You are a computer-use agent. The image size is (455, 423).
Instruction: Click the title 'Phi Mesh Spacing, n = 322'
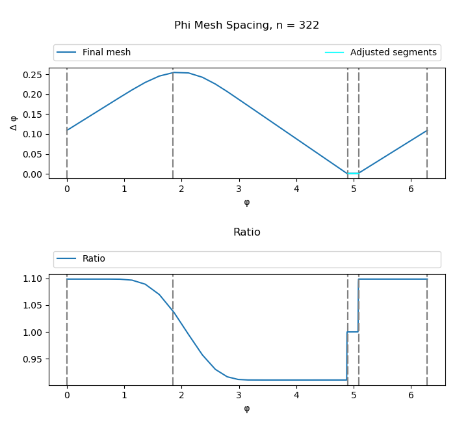point(246,25)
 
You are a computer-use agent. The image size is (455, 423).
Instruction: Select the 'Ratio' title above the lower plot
point(246,232)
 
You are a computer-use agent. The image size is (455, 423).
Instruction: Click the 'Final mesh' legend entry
point(106,53)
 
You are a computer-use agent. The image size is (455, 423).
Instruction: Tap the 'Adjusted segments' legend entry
point(393,53)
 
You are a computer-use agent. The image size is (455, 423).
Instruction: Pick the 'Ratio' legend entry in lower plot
point(94,259)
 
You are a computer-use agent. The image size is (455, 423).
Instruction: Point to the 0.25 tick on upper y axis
point(32,75)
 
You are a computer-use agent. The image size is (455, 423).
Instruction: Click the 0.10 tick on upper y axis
point(32,135)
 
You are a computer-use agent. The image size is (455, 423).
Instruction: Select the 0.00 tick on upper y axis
point(32,174)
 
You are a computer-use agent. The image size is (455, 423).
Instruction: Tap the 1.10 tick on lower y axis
point(32,279)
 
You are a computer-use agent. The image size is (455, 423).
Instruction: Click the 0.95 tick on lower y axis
point(32,359)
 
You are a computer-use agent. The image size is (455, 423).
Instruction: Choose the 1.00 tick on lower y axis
point(32,333)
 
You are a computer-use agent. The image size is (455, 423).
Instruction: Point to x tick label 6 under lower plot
point(411,396)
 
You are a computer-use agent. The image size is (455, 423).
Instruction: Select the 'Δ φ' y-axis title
point(14,123)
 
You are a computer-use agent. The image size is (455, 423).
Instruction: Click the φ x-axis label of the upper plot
point(246,202)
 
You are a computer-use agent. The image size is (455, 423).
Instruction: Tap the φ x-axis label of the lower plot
point(246,409)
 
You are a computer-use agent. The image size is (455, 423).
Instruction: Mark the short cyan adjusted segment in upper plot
point(353,173)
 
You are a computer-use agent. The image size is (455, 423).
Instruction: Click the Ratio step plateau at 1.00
point(353,332)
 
